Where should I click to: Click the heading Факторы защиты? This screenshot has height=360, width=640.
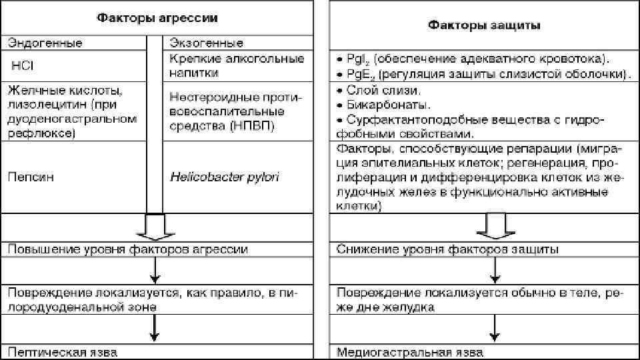(x=485, y=25)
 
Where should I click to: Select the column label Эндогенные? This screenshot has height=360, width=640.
(x=45, y=43)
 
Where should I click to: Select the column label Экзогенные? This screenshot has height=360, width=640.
(x=207, y=43)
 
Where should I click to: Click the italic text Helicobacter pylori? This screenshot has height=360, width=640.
(x=224, y=177)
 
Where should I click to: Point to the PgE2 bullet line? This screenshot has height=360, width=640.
(x=484, y=73)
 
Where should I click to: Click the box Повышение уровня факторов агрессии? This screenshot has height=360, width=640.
(x=127, y=249)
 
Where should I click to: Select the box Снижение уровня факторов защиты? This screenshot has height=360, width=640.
(x=448, y=249)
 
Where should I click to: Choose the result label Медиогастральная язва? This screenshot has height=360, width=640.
(x=410, y=351)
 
